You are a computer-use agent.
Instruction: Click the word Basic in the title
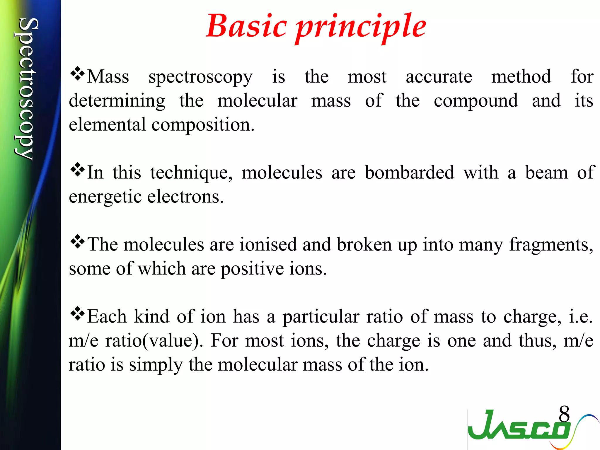(x=246, y=26)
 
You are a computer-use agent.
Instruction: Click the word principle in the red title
(x=361, y=28)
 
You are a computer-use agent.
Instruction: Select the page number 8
(x=564, y=414)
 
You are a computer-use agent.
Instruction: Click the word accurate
(x=439, y=77)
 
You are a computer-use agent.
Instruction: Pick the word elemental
(x=107, y=125)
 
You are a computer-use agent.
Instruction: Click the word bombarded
(x=409, y=173)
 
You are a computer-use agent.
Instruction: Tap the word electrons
(x=185, y=197)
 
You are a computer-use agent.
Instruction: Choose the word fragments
(x=551, y=245)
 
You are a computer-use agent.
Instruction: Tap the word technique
(x=191, y=173)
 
